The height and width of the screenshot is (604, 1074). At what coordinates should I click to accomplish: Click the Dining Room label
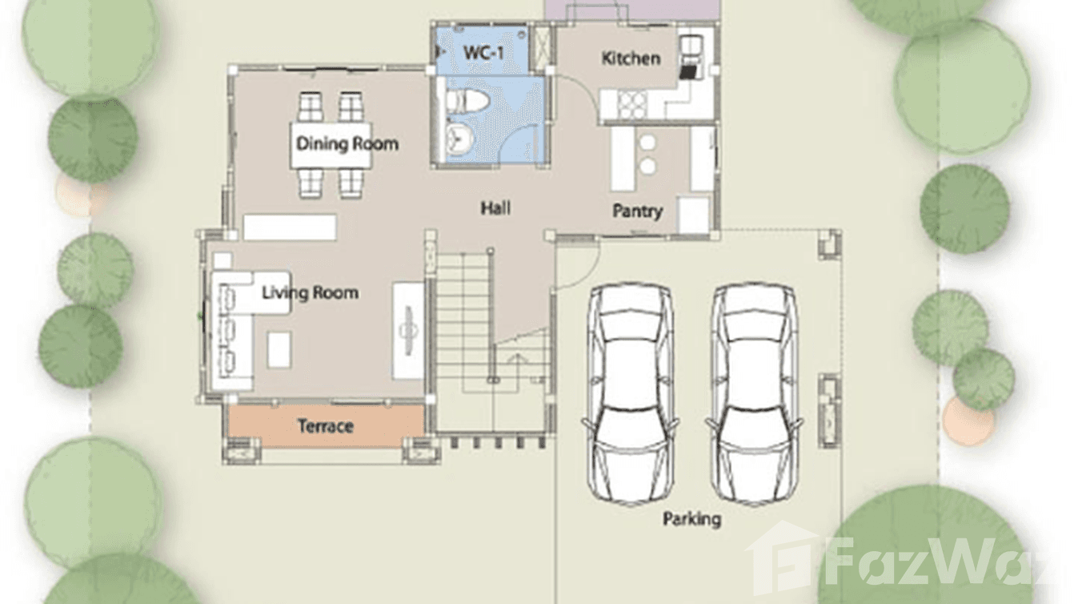pyautogui.click(x=347, y=144)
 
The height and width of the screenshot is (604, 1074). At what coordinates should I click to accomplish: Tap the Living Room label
pyautogui.click(x=310, y=292)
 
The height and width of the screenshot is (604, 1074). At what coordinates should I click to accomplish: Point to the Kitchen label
pyautogui.click(x=631, y=58)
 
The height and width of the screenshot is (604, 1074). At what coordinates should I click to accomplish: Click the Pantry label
pyautogui.click(x=637, y=211)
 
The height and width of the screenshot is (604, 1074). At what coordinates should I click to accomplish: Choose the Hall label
pyautogui.click(x=495, y=208)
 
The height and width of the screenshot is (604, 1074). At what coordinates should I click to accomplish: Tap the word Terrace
pyautogui.click(x=325, y=426)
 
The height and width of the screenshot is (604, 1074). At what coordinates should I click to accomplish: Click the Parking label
pyautogui.click(x=691, y=519)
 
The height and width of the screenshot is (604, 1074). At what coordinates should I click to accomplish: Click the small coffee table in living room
pyautogui.click(x=279, y=350)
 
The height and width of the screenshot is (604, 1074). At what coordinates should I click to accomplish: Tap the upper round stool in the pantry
pyautogui.click(x=647, y=143)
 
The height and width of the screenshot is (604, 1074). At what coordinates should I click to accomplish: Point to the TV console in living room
pyautogui.click(x=407, y=330)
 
